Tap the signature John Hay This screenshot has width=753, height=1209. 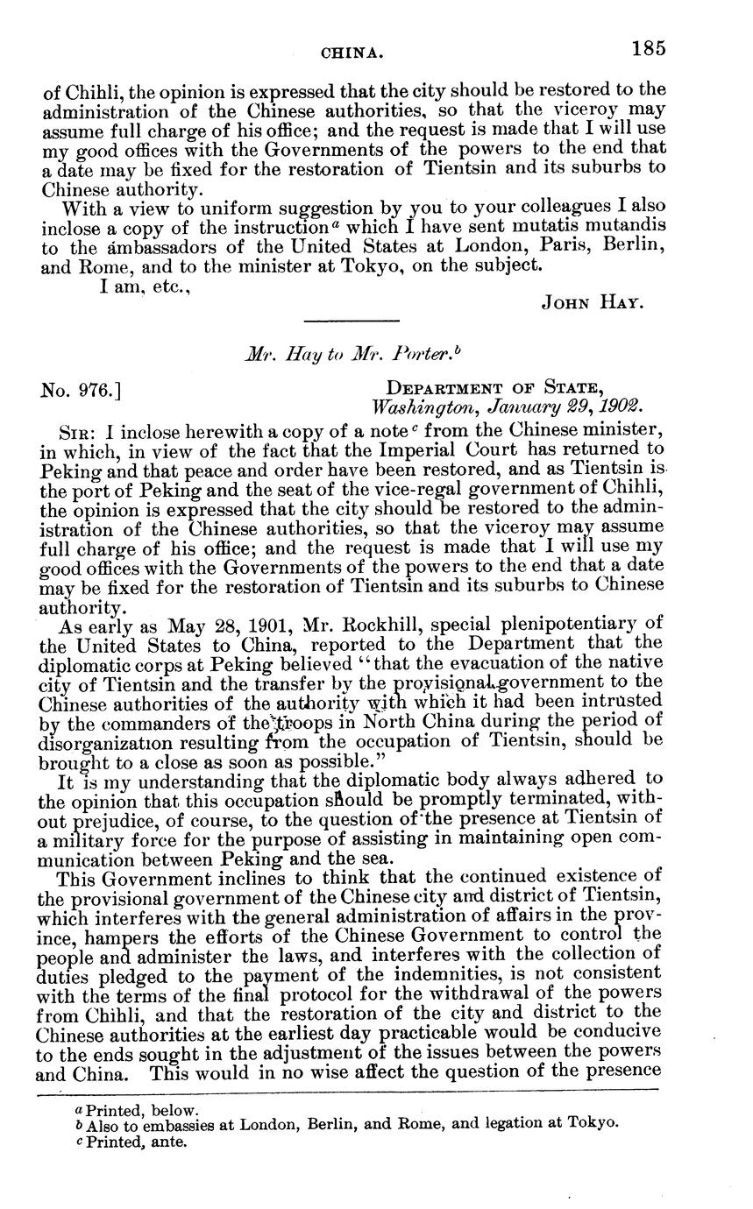[593, 303]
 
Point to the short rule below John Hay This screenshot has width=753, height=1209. [351, 320]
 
